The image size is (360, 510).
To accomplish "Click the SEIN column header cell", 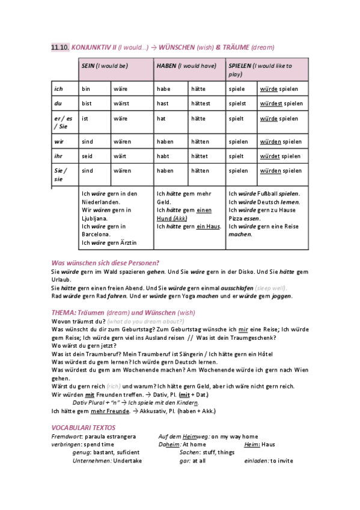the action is (x=115, y=70).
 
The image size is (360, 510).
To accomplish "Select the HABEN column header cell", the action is (x=189, y=70).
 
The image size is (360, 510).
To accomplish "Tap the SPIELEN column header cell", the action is (x=267, y=70).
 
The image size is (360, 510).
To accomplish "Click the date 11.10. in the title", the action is (x=60, y=47).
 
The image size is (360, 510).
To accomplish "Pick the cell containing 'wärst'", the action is (x=132, y=103).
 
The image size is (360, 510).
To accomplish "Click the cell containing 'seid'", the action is (x=95, y=156).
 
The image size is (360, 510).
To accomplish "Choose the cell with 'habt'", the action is (x=171, y=156).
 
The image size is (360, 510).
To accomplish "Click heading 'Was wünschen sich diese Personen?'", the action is (x=105, y=263).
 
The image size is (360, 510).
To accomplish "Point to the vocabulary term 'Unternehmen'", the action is (x=91, y=460).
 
